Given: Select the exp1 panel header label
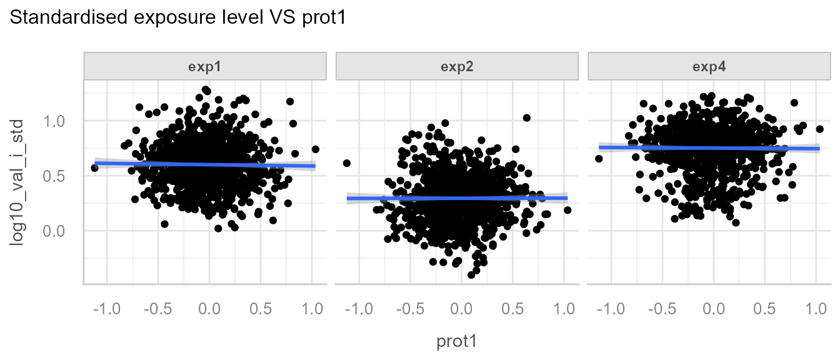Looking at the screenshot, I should pos(205,67).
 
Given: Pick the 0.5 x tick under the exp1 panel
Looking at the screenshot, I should pos(260,309).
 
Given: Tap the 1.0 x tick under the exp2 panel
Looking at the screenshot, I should pos(564,309).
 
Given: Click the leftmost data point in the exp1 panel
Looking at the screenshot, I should pos(94,167).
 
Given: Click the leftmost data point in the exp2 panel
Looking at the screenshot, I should pos(347,163).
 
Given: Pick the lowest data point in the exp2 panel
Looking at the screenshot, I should pos(471,275).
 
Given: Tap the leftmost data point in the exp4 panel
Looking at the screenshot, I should pos(599,159).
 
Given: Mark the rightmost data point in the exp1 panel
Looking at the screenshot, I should pos(316,149).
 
